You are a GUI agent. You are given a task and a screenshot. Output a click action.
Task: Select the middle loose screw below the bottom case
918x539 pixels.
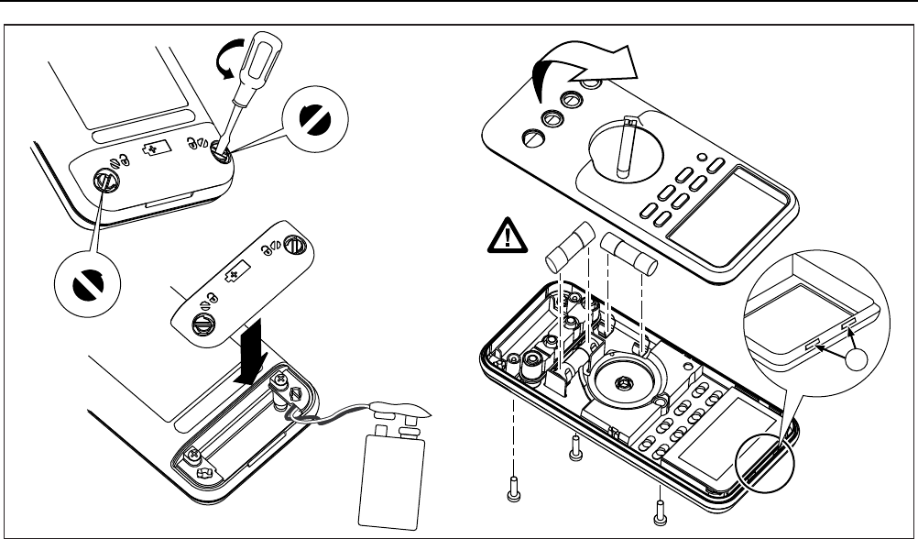pos(575,448)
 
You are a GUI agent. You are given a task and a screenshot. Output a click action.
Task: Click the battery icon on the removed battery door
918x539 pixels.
pos(237,274)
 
